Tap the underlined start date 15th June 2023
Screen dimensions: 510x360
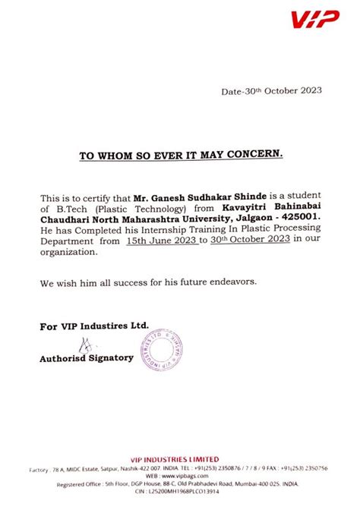coord(162,240)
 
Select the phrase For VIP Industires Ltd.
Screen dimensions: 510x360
coord(94,325)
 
